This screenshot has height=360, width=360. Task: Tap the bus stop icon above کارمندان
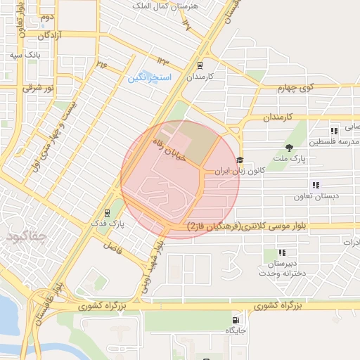pos(200,64)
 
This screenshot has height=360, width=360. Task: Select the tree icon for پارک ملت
pos(288,147)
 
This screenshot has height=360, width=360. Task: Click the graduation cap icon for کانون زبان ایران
pos(240,161)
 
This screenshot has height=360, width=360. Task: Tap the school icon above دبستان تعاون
pos(316,186)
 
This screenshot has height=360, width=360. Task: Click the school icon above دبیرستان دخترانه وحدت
pos(282,252)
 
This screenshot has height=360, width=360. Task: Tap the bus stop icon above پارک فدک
pos(107,212)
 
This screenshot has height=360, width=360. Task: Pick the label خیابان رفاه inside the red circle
pos(169,150)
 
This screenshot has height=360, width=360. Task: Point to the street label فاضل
pos(113,246)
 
